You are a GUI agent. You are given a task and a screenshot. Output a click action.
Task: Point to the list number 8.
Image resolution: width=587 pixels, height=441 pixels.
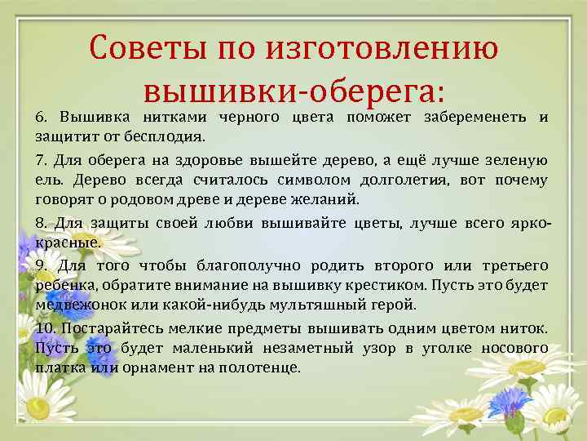41,222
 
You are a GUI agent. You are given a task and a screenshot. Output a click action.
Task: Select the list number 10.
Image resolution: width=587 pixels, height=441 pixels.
46,327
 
